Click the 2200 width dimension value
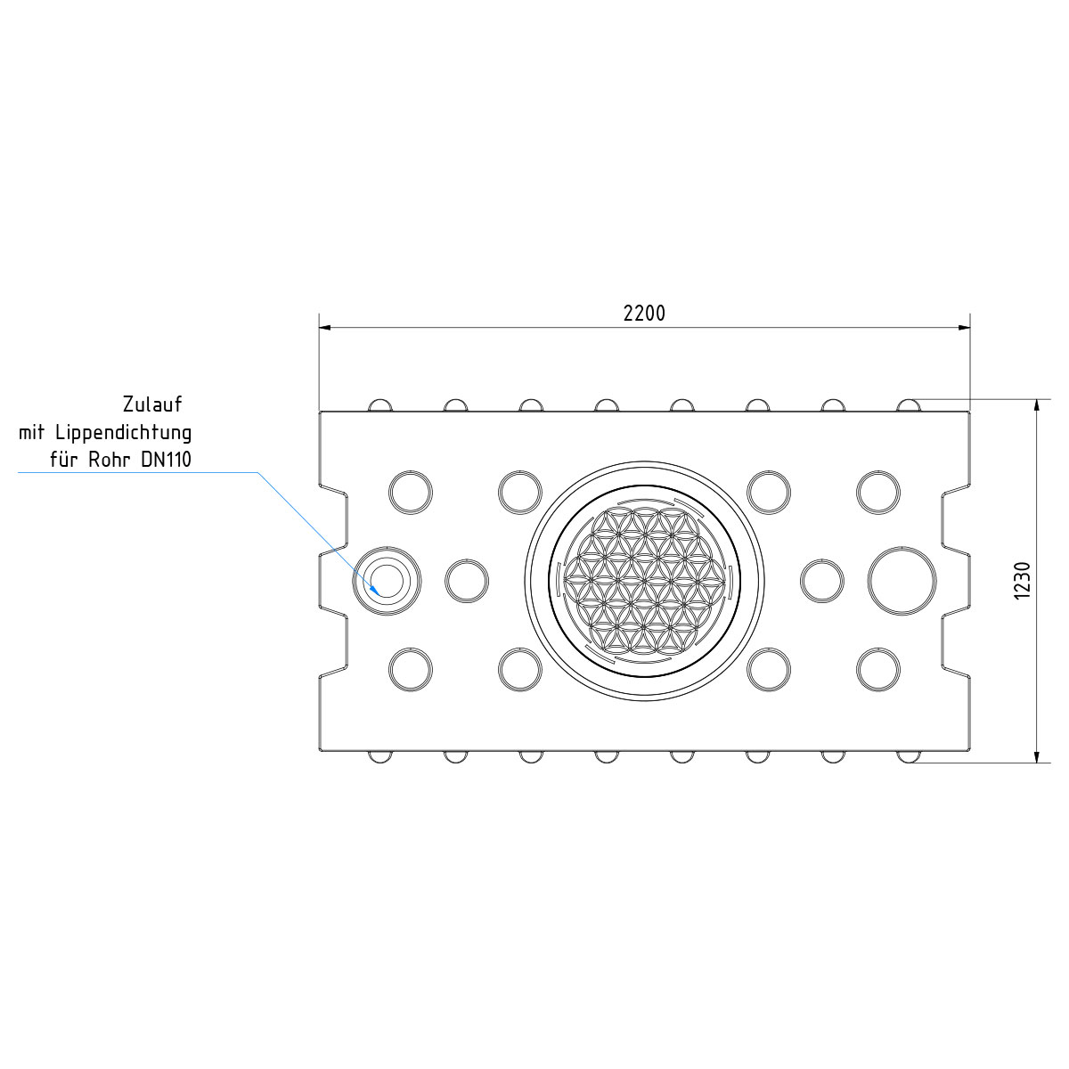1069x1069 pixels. (643, 313)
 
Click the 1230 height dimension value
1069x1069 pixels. (1022, 580)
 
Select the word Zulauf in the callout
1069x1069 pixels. (152, 404)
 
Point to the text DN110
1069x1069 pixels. (166, 461)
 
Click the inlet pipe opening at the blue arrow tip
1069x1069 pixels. (386, 580)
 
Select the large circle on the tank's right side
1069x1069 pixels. (902, 580)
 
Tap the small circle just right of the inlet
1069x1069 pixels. (466, 581)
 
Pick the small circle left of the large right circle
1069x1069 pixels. (821, 581)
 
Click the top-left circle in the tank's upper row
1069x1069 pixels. (411, 492)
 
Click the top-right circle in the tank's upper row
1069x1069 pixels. (878, 492)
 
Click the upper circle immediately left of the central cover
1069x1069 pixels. (520, 492)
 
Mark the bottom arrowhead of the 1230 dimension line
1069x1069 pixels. (1036, 756)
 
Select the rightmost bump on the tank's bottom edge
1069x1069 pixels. (908, 756)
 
